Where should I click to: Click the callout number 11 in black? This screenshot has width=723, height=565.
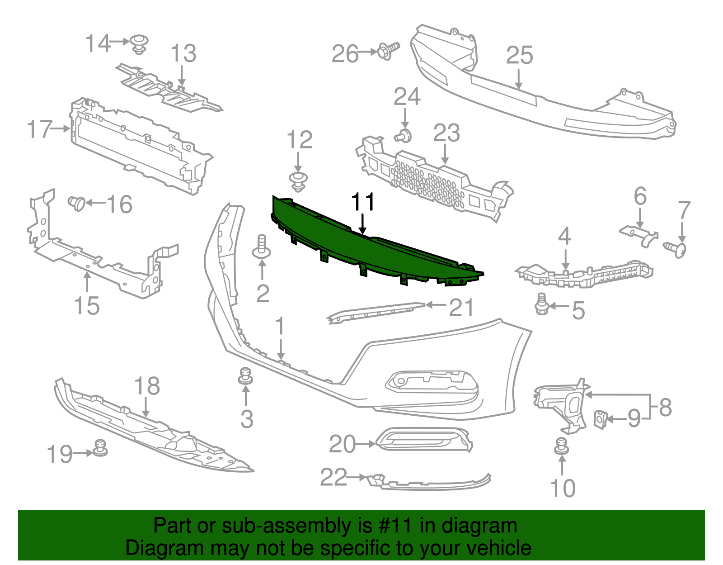click(x=363, y=202)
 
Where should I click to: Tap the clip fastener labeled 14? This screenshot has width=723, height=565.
click(x=139, y=43)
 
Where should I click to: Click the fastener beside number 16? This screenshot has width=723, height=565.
click(x=77, y=203)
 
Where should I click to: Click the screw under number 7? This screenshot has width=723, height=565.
click(x=676, y=249)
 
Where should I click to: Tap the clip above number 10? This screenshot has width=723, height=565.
click(x=562, y=446)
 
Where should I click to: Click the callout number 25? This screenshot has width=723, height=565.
click(x=519, y=56)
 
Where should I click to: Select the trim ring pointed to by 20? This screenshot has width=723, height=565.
click(x=424, y=440)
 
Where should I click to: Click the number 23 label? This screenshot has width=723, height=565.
click(x=446, y=133)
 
